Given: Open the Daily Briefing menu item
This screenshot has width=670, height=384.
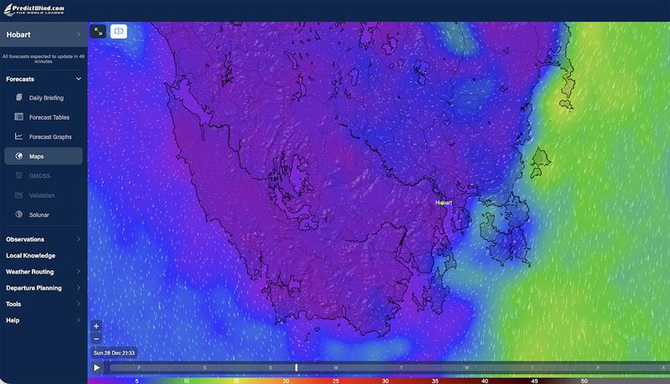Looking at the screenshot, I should click(x=46, y=98).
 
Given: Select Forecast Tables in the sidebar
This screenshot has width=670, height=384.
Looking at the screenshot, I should click(x=49, y=117).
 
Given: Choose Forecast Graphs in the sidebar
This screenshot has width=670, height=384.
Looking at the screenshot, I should click(x=50, y=136).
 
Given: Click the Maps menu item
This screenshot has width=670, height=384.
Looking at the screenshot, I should click(x=36, y=156).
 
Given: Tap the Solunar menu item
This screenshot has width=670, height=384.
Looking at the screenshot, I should click(x=39, y=215).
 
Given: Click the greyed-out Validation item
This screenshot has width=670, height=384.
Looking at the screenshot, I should click(x=41, y=195).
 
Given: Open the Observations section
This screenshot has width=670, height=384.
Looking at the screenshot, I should click(x=25, y=239).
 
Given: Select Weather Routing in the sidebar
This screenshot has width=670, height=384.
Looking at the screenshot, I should click(x=29, y=272).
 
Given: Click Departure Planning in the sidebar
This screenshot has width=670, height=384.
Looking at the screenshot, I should click(x=33, y=288).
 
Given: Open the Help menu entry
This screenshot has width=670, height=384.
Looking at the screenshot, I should click(x=13, y=320).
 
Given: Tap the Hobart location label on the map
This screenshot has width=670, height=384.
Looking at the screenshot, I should click(x=443, y=202).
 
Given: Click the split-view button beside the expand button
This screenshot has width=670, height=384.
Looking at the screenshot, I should click(x=119, y=31).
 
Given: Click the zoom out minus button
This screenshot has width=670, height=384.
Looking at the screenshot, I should click(x=96, y=339).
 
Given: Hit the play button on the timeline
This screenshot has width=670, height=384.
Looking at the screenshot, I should click(x=97, y=367).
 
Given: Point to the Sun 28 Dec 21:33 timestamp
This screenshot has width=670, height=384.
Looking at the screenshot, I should click(x=114, y=353).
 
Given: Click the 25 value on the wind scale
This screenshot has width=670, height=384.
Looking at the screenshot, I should click(x=335, y=381).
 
